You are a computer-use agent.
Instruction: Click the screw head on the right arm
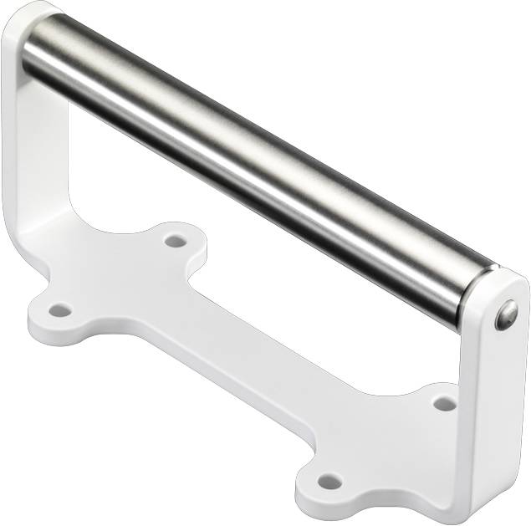coord(506,314)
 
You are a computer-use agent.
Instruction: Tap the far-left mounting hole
coord(59,310)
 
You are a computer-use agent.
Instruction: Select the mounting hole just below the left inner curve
coord(175,241)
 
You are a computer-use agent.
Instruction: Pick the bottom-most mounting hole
coord(330,482)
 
